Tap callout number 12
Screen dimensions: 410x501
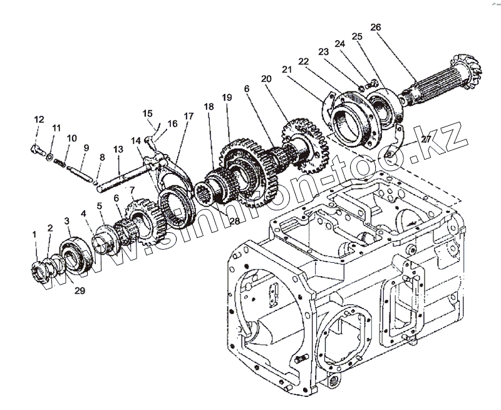(39, 119)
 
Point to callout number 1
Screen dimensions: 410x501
(35, 234)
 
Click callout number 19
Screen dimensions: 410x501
(226, 98)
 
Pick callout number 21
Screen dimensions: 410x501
(287, 69)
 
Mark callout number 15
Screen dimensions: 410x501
(148, 113)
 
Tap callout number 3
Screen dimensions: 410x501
(67, 220)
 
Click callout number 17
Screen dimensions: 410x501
(189, 116)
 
